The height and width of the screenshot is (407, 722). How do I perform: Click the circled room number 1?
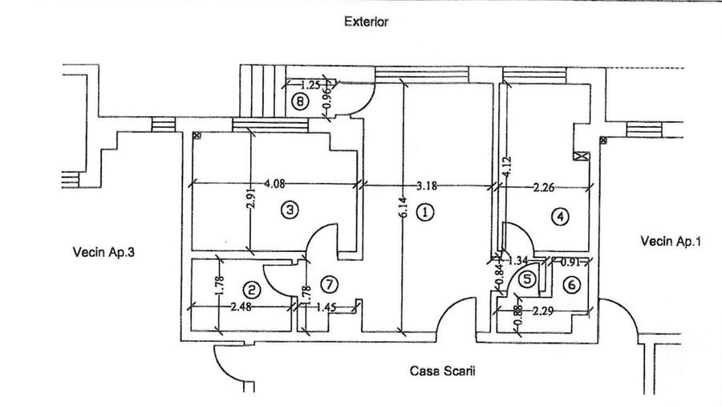425,213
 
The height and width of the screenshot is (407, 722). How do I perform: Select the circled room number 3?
290,210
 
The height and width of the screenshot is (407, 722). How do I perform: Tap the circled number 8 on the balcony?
300,101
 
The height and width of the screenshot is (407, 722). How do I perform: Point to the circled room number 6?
572,285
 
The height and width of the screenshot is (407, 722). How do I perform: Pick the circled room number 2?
252,290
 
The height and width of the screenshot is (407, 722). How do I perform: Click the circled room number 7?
329,284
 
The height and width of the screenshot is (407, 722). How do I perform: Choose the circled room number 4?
560,217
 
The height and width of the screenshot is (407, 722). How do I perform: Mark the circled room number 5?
527,279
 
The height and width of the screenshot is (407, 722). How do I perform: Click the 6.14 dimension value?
403,207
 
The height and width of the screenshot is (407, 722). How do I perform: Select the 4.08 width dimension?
274,184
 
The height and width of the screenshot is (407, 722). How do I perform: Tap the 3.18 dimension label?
427,186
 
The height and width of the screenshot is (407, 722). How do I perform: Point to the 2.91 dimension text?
251,198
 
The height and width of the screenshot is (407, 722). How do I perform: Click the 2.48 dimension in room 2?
241,307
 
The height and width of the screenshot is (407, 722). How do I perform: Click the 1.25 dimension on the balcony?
310,85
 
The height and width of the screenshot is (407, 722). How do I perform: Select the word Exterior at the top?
367,22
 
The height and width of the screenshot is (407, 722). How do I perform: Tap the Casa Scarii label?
443,371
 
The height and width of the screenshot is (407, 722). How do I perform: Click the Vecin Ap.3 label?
103,252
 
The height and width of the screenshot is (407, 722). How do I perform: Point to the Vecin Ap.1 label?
671,241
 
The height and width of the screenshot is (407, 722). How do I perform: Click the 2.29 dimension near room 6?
543,311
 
